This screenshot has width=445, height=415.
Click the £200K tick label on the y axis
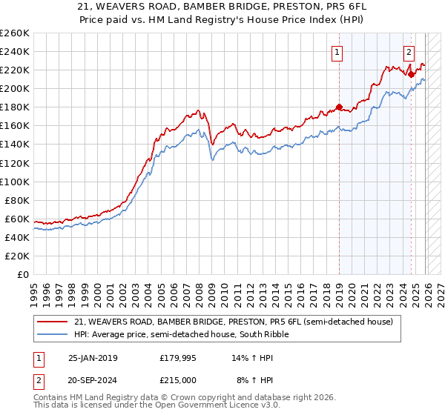[x=14, y=88]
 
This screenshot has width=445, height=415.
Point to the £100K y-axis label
[x=14, y=182]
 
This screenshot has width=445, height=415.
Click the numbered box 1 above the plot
[x=337, y=52]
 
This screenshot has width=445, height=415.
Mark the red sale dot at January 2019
[x=339, y=107]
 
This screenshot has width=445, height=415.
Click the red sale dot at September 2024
[x=411, y=74]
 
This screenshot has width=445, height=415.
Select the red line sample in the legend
[x=53, y=322]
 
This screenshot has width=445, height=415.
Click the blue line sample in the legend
[x=53, y=334]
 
